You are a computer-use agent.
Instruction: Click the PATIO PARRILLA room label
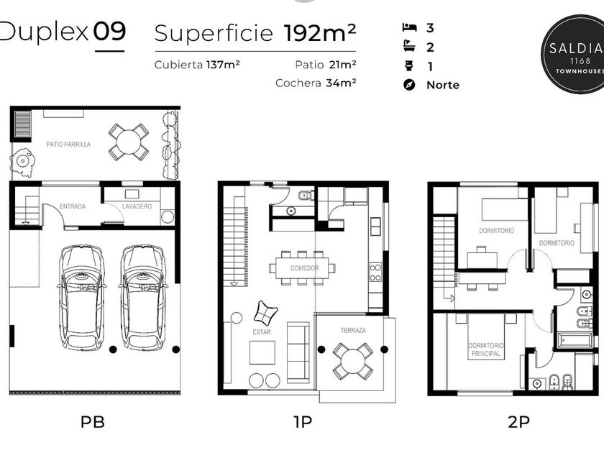(x=68, y=145)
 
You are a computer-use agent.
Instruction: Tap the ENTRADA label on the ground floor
(x=73, y=206)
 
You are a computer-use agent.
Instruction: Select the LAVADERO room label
(x=137, y=206)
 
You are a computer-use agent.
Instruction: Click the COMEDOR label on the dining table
(x=304, y=268)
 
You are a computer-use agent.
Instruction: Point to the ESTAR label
(x=262, y=332)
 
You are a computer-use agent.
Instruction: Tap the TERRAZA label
(x=353, y=331)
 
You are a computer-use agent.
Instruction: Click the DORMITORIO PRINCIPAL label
(x=486, y=349)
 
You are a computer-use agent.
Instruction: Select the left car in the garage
(x=82, y=298)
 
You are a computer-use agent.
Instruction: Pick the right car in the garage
(x=143, y=298)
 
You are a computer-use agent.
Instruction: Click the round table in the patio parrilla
(x=129, y=142)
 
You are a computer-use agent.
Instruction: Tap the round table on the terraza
(x=353, y=361)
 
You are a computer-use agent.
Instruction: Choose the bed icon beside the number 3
(x=409, y=27)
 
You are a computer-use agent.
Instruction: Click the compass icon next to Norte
(x=409, y=85)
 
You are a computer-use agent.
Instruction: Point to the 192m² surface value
(x=320, y=33)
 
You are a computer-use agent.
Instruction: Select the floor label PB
(x=93, y=422)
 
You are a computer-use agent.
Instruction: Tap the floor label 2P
(x=518, y=422)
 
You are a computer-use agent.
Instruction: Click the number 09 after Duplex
(x=109, y=32)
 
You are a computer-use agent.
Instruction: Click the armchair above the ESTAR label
(x=265, y=313)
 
